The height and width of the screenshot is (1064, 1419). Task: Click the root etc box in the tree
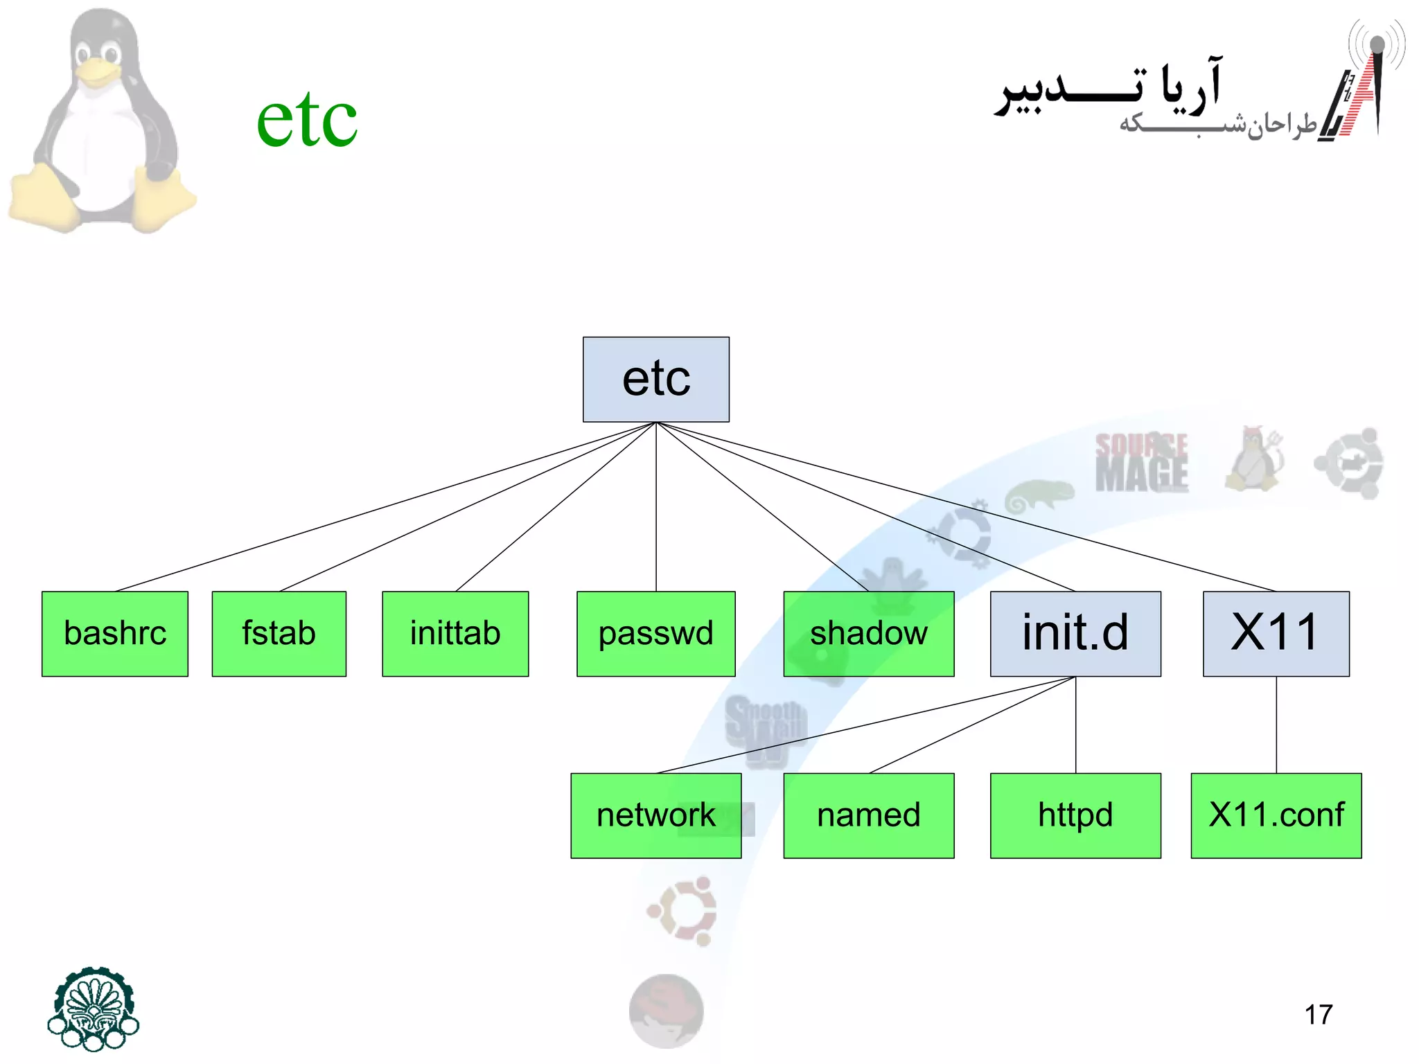[x=655, y=379]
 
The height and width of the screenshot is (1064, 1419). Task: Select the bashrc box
[x=115, y=633]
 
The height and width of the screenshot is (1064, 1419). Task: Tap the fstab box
[x=279, y=633]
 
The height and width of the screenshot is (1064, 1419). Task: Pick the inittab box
[x=455, y=633]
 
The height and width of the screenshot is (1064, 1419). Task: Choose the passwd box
[x=655, y=633]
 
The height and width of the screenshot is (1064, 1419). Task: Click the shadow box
[x=868, y=633]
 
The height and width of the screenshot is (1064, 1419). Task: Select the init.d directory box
[x=1075, y=633]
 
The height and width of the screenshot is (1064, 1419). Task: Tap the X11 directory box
[x=1276, y=633]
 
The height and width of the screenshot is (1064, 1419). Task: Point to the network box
[x=655, y=815]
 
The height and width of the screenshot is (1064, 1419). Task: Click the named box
[x=868, y=815]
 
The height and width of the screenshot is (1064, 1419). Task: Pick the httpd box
[x=1075, y=815]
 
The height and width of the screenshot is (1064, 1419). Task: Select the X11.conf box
[x=1276, y=815]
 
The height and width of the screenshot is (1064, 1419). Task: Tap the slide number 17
[x=1318, y=1015]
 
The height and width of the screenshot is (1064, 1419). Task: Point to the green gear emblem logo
[x=94, y=1008]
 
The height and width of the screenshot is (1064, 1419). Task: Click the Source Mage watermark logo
[x=1141, y=462]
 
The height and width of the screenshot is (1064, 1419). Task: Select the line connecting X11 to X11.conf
[x=1276, y=725]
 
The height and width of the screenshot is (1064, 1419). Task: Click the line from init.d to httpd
[x=1076, y=725]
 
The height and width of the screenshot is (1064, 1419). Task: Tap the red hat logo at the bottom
[x=666, y=1010]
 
